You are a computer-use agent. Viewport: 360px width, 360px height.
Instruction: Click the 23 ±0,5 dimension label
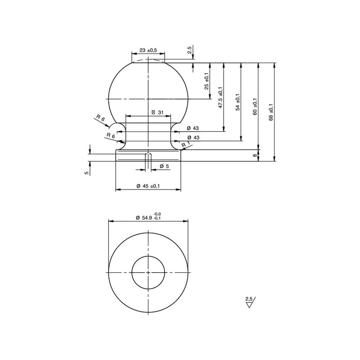pyautogui.click(x=148, y=50)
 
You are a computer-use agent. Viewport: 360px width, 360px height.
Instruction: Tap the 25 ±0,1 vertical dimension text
pyautogui.click(x=207, y=81)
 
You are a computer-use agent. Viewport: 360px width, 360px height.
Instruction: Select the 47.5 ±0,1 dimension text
pyautogui.click(x=220, y=98)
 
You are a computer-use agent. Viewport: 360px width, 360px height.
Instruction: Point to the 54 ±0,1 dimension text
pyautogui.click(x=238, y=102)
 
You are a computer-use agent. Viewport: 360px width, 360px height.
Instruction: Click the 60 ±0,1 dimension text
pyautogui.click(x=255, y=107)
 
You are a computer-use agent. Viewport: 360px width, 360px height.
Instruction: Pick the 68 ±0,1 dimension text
pyautogui.click(x=271, y=112)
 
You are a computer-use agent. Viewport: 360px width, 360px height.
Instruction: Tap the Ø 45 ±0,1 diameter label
pyautogui.click(x=148, y=186)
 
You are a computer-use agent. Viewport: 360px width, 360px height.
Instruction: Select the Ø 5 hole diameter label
pyautogui.click(x=164, y=166)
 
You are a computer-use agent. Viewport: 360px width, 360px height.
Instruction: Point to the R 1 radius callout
pyautogui.click(x=186, y=144)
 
